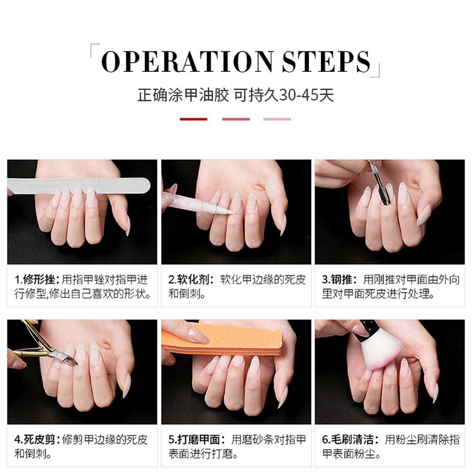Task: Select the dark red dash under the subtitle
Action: click(193, 119)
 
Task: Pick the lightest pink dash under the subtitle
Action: click(278, 119)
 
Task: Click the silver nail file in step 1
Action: click(79, 184)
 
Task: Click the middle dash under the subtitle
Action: click(236, 119)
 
